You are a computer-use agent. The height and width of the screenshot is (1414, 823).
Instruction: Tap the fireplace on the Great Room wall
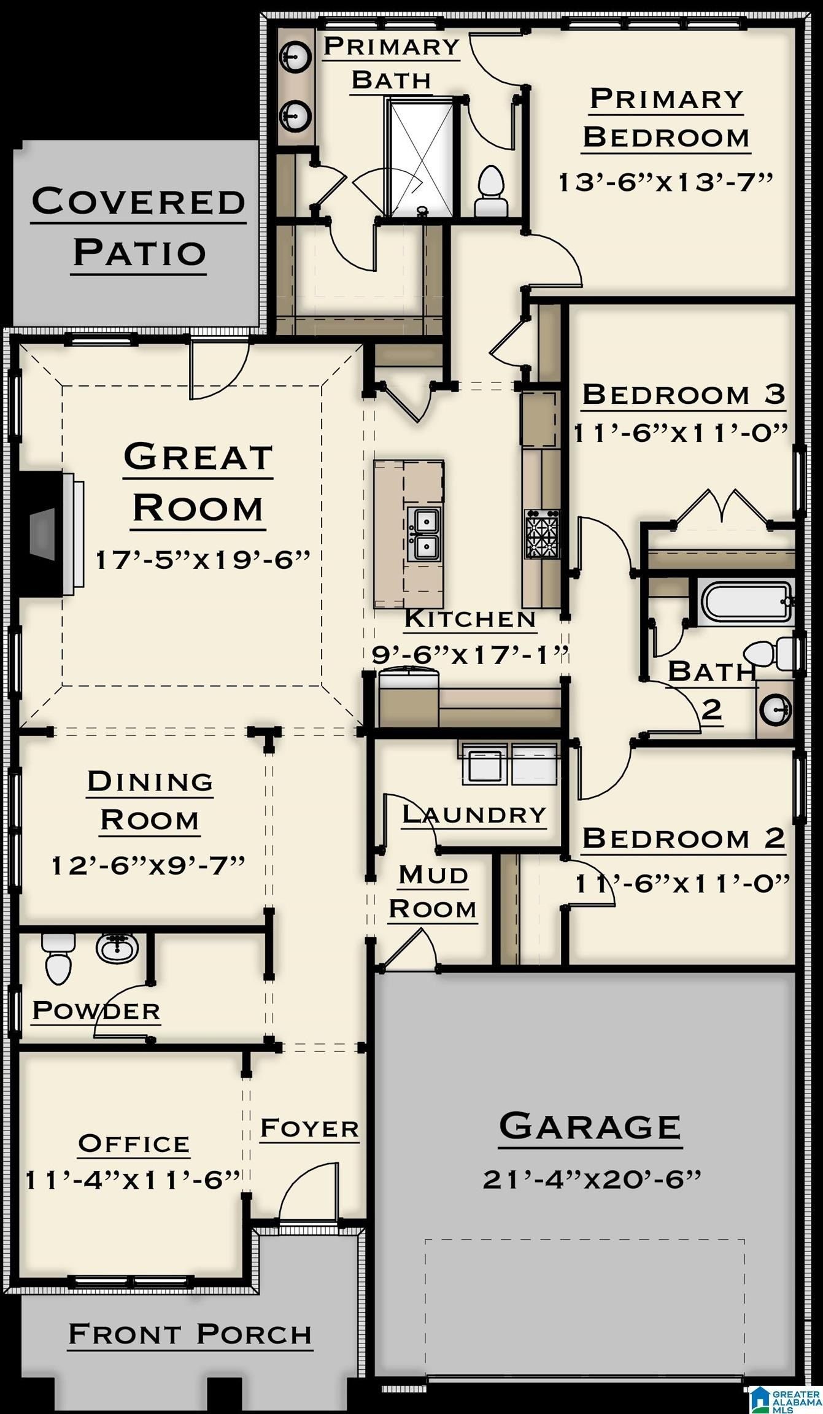(x=49, y=533)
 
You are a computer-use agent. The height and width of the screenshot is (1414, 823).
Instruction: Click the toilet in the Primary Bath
(x=491, y=190)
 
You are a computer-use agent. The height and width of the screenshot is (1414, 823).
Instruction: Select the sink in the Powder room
(x=117, y=948)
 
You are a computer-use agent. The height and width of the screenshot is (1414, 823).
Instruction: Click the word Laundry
(x=474, y=815)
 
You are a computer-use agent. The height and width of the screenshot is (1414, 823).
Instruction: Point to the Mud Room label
(x=433, y=892)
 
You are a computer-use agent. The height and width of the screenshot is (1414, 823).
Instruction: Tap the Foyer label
(x=309, y=1128)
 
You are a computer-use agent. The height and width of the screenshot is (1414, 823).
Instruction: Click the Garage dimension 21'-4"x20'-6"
(x=592, y=1179)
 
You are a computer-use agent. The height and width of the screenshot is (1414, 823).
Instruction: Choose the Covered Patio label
(x=139, y=227)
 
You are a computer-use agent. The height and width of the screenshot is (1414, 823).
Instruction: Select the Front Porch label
(x=190, y=1334)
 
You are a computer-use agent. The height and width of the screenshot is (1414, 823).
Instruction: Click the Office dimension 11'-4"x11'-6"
(x=133, y=1180)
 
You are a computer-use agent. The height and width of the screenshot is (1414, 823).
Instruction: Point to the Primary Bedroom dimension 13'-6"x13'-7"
(x=665, y=182)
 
